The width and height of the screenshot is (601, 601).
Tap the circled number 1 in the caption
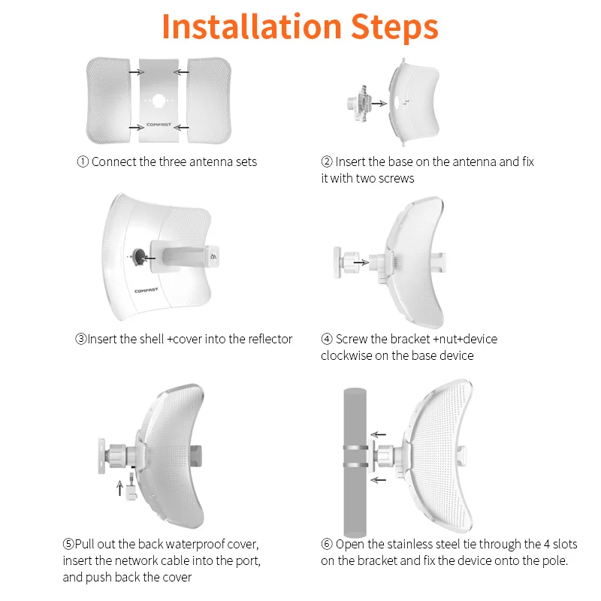tap(83, 162)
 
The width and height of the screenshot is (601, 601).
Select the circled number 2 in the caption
tap(327, 162)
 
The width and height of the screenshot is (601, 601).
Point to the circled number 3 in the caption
tap(80, 339)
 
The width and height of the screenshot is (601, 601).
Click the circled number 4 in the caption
tap(327, 339)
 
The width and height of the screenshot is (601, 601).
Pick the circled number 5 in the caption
tap(68, 544)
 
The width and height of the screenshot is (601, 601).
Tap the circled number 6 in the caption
tap(327, 544)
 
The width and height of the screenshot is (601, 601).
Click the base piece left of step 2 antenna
tap(358, 101)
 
